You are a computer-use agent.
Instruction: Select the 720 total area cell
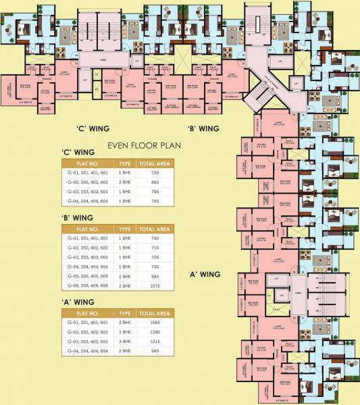click(153, 173)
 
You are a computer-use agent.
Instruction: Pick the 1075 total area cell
click(153, 286)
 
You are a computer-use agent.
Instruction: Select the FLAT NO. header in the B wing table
click(86, 229)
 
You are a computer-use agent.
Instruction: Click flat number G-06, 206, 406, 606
click(86, 286)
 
